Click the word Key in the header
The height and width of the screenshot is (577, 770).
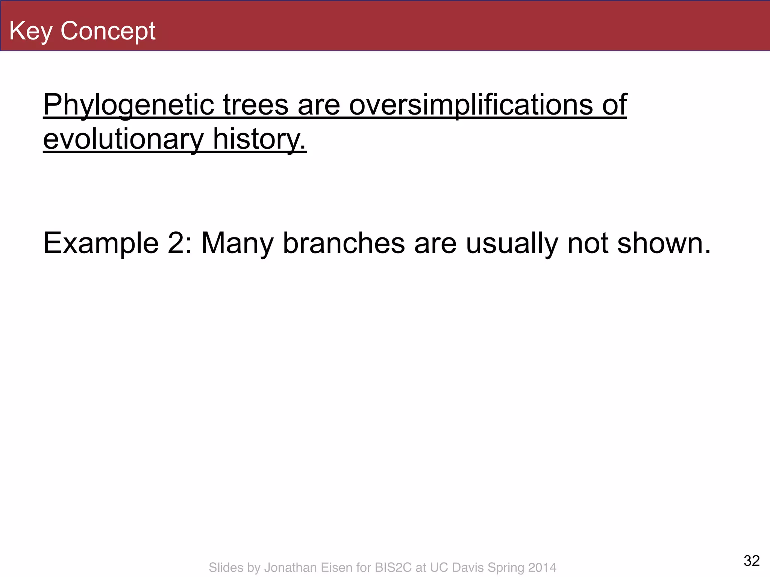coord(30,31)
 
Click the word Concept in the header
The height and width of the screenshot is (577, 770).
coord(108,31)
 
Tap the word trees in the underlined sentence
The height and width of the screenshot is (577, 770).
coord(256,105)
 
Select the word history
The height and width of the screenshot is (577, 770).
coord(259,139)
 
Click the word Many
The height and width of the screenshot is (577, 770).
coord(237,243)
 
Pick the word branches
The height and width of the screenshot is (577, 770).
coord(344,243)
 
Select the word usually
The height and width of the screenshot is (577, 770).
coord(512,243)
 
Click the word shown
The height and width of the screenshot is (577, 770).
coord(664,243)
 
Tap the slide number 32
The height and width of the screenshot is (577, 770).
coord(752,561)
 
